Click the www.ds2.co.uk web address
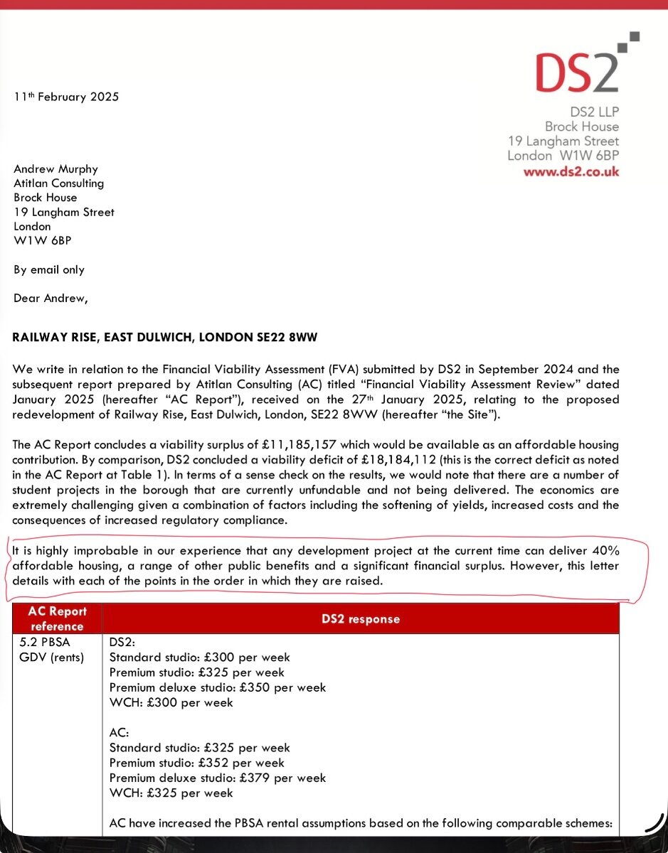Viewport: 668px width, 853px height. (571, 171)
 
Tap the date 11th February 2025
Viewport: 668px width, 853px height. (66, 97)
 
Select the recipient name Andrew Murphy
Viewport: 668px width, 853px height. (56, 168)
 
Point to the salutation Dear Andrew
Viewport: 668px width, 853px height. (51, 299)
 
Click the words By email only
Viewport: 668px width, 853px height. (49, 269)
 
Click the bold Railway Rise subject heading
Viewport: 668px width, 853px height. (165, 338)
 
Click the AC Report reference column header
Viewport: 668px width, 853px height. (57, 618)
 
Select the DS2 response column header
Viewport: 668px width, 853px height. (361, 618)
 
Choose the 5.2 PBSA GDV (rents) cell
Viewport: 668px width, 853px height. (52, 650)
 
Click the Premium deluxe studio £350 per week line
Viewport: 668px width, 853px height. (218, 687)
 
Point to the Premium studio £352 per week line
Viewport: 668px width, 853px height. (196, 763)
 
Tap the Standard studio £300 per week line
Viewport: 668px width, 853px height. (199, 658)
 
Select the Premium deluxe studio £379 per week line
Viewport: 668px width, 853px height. (218, 778)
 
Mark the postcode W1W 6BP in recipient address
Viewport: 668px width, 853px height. (43, 240)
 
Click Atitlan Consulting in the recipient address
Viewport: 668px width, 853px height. (59, 183)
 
